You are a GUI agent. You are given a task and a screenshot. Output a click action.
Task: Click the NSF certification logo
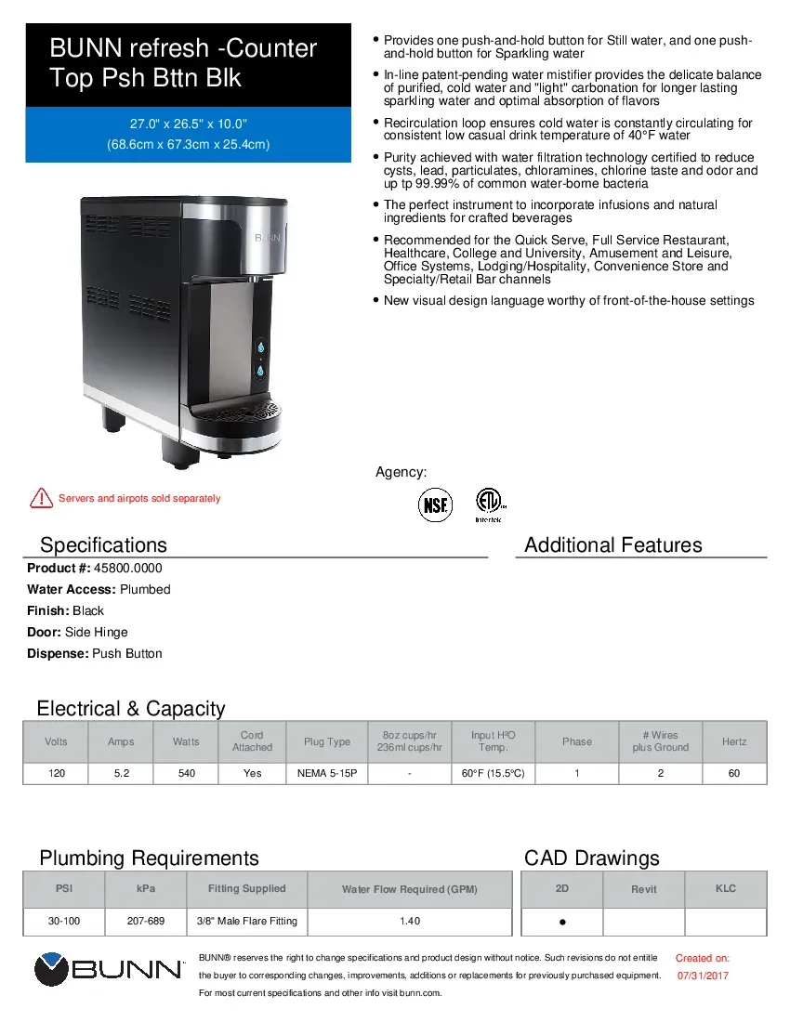(434, 504)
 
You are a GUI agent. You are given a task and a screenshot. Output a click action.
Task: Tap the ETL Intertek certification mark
(488, 503)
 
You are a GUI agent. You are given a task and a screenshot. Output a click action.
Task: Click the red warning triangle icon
(41, 498)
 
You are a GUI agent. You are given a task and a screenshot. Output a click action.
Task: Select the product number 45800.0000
(128, 568)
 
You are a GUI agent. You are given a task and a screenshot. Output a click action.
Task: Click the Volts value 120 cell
(57, 773)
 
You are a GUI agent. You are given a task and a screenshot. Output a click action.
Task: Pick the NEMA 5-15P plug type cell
(327, 773)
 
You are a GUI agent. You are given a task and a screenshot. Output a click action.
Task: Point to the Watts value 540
(186, 773)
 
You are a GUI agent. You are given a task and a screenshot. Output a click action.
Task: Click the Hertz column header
(734, 741)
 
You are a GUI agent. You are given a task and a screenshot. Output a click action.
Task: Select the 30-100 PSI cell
(64, 921)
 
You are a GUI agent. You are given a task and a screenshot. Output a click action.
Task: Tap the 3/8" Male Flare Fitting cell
(246, 921)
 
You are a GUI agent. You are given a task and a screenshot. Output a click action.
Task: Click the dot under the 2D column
(562, 923)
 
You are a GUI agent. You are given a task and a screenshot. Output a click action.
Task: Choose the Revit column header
(644, 889)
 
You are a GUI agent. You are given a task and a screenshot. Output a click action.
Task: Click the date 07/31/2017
(703, 976)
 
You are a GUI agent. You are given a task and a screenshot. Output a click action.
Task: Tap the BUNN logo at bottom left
(109, 970)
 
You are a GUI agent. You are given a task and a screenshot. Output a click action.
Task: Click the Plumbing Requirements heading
(149, 858)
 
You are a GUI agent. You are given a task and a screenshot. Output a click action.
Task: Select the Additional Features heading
(613, 545)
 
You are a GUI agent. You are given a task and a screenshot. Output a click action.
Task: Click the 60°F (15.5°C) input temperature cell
(494, 773)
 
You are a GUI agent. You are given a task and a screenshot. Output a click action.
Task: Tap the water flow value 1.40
(409, 921)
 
